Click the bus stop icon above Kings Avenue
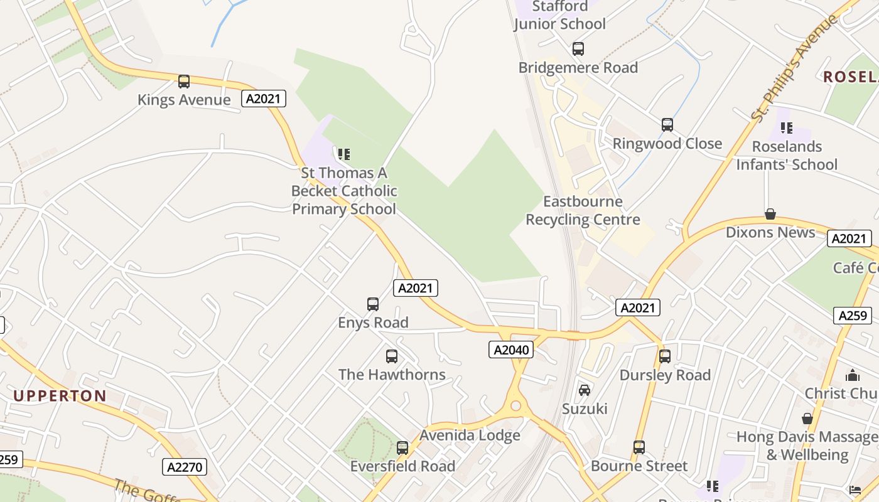[183, 81]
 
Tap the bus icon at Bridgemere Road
[578, 48]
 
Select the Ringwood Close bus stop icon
[667, 124]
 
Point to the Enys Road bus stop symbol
[373, 304]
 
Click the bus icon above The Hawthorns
[392, 356]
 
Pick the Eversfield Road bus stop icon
[402, 448]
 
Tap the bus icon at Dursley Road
[665, 356]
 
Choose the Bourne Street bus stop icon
[639, 447]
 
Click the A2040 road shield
[511, 350]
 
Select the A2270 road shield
[185, 466]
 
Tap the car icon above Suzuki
[585, 390]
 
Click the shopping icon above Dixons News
[770, 214]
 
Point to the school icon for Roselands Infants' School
[787, 128]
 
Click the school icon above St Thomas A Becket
[343, 154]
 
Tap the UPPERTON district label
[60, 396]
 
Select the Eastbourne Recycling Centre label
[583, 211]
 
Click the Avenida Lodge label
[470, 435]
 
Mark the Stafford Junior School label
[560, 16]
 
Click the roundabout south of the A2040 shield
[516, 406]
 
